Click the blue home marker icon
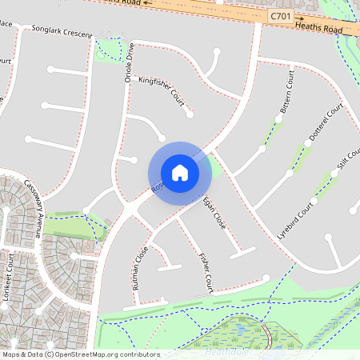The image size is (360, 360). coord(179,172)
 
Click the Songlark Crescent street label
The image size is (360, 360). coord(62,32)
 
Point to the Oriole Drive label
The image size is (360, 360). coord(128,64)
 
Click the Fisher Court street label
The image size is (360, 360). coord(204,272)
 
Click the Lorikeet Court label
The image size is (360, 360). coord(10,272)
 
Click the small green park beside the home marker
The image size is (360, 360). coord(214,168)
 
